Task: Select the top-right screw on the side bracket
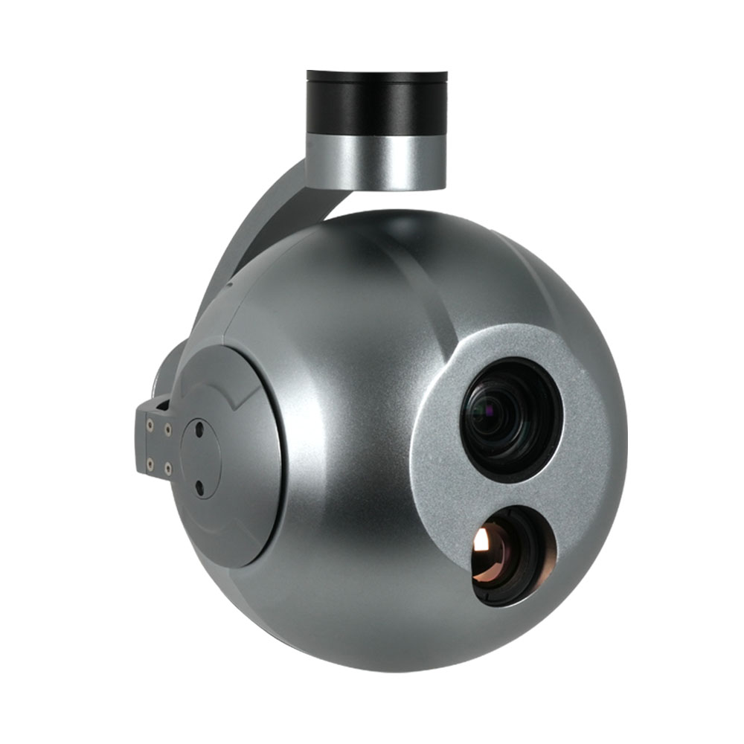(167, 429)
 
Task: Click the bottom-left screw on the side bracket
(150, 463)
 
